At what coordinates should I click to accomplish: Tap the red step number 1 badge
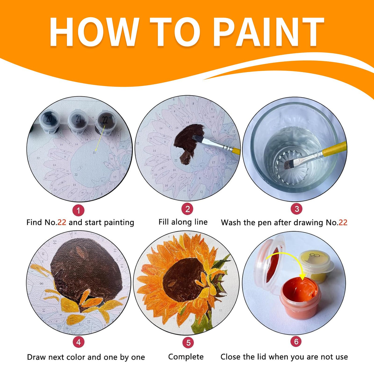(79, 211)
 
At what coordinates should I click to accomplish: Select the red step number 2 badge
(187, 209)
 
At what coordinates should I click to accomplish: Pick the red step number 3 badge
(296, 209)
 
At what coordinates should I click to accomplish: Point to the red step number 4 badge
(79, 342)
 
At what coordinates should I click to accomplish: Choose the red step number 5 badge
(188, 343)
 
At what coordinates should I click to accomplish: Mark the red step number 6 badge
(296, 341)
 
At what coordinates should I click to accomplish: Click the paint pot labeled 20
(49, 119)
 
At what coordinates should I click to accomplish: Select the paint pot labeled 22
(105, 120)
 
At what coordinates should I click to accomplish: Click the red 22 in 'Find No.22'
(62, 222)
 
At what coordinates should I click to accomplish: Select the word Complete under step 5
(186, 357)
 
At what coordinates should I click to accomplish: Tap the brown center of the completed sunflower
(182, 279)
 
